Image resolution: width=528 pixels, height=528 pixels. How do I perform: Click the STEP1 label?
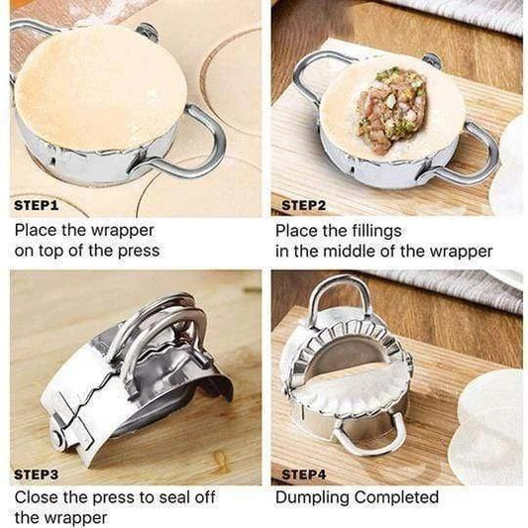pos(37,205)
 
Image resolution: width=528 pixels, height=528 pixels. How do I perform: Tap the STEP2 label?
pos(303,205)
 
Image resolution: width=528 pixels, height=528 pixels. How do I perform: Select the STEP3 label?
pos(37,475)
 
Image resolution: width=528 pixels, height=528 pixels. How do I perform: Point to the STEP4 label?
pos(303,475)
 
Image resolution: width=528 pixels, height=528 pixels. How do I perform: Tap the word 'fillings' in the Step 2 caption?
pos(376,232)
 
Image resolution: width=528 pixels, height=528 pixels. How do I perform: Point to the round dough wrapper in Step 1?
pos(100,88)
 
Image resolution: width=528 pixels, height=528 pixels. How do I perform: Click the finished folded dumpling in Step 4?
pos(355,389)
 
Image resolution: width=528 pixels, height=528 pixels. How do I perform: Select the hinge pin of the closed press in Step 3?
pos(58,439)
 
